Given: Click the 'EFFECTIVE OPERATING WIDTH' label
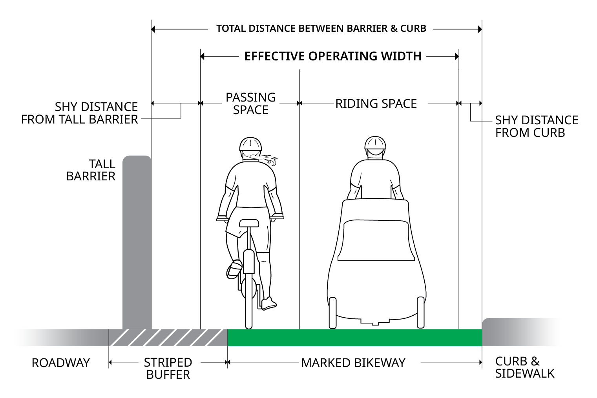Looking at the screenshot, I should pyautogui.click(x=333, y=56).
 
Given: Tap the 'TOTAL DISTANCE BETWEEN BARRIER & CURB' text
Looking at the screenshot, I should pyautogui.click(x=321, y=29).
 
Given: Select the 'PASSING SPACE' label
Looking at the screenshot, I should pyautogui.click(x=250, y=104).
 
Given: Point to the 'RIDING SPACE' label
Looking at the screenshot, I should pyautogui.click(x=376, y=104).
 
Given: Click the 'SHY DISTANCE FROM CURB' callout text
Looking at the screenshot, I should pyautogui.click(x=536, y=126).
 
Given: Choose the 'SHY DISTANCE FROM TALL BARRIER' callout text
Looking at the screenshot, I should pyautogui.click(x=80, y=113).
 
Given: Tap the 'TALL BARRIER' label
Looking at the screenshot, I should pyautogui.click(x=91, y=170).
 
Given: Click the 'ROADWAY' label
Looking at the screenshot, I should pyautogui.click(x=61, y=363).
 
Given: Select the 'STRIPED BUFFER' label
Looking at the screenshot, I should pyautogui.click(x=168, y=368).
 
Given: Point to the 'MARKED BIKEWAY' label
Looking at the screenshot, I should pyautogui.click(x=353, y=363).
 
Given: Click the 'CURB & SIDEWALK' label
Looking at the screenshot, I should pyautogui.click(x=524, y=367).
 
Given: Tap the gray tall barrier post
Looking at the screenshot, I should pyautogui.click(x=137, y=243).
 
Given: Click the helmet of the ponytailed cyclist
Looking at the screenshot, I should pyautogui.click(x=250, y=144).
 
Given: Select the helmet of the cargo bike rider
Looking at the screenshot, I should pyautogui.click(x=375, y=144).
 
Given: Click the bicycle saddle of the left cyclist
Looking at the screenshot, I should pyautogui.click(x=249, y=223).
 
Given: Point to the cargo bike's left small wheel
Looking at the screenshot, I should pyautogui.click(x=333, y=313).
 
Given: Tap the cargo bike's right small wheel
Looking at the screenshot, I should pyautogui.click(x=420, y=313).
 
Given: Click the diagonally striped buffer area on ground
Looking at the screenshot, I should pyautogui.click(x=168, y=338).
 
